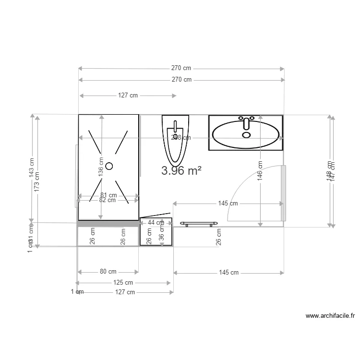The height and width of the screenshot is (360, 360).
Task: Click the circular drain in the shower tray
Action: [x=109, y=166]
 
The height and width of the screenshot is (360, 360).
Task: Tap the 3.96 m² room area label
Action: [x=181, y=171]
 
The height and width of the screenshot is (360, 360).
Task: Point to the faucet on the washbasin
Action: [x=247, y=122]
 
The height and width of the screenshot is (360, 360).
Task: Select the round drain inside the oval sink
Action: [x=246, y=135]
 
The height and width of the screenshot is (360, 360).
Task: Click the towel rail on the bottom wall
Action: [x=198, y=224]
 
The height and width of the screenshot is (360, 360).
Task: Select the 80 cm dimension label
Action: [x=108, y=272]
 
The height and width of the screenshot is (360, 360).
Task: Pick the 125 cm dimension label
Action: [x=123, y=283]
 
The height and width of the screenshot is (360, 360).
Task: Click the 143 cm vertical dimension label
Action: [x=32, y=168]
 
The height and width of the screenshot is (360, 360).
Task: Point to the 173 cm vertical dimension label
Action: [x=37, y=180]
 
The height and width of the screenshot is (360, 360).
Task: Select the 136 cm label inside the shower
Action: [x=101, y=167]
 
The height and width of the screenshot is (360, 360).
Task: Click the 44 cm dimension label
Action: [x=156, y=222]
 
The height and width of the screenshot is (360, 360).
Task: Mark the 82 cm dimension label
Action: [x=108, y=200]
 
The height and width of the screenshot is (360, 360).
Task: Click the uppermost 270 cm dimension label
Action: [x=181, y=68]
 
